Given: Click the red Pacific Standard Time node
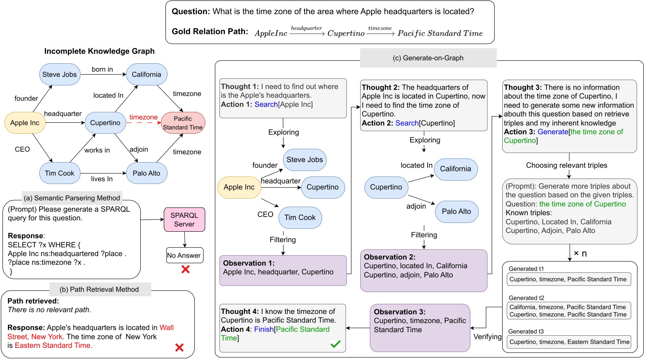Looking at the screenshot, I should pyautogui.click(x=183, y=123).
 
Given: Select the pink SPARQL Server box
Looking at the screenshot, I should pyautogui.click(x=184, y=220).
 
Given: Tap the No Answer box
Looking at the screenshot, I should pyautogui.click(x=184, y=255).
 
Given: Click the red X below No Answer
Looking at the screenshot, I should pyautogui.click(x=185, y=269).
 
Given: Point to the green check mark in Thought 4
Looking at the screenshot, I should pyautogui.click(x=335, y=344).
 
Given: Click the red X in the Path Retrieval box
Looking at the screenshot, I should pyautogui.click(x=179, y=347).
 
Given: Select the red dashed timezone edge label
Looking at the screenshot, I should pyautogui.click(x=143, y=117).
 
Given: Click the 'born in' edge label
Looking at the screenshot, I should pyautogui.click(x=102, y=69).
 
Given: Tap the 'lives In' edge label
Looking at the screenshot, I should pyautogui.click(x=102, y=179).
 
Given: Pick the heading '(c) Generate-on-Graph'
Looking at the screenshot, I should pyautogui.click(x=428, y=58).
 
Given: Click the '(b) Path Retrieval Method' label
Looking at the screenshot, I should pyautogui.click(x=99, y=289).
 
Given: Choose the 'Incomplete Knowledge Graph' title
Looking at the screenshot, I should pyautogui.click(x=99, y=51).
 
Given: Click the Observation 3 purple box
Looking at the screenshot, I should pyautogui.click(x=420, y=327).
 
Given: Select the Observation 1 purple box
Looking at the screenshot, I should pyautogui.click(x=283, y=270).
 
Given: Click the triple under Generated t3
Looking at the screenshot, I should pyautogui.click(x=569, y=342).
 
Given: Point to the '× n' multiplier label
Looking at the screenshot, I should pyautogui.click(x=580, y=254).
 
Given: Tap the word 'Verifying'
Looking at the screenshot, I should pyautogui.click(x=487, y=337).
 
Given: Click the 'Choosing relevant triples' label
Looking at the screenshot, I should pyautogui.click(x=566, y=165).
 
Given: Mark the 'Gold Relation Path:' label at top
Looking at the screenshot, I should pyautogui.click(x=210, y=31).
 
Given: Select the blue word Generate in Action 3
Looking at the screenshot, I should pyautogui.click(x=552, y=132).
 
